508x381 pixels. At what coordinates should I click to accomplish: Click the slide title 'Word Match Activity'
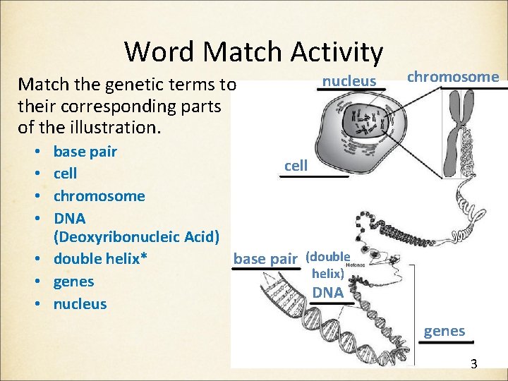[x=253, y=52]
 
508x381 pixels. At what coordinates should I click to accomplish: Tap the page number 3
[x=473, y=364]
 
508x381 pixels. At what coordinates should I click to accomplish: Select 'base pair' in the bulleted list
[x=85, y=152]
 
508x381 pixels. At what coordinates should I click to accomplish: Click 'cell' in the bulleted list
[x=66, y=174]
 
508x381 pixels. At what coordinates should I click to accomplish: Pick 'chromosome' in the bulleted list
[x=99, y=196]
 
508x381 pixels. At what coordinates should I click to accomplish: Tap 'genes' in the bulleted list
[x=73, y=282]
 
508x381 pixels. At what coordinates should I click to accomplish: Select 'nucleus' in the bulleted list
[x=80, y=304]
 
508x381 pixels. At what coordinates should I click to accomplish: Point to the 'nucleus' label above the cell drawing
[x=349, y=81]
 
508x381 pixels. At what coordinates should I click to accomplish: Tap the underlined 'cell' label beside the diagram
[x=296, y=166]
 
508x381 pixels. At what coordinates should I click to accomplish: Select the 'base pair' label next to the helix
[x=265, y=259]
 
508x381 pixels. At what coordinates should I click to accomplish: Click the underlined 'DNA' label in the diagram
[x=327, y=292]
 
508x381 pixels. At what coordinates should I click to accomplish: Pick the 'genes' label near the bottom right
[x=445, y=331]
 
